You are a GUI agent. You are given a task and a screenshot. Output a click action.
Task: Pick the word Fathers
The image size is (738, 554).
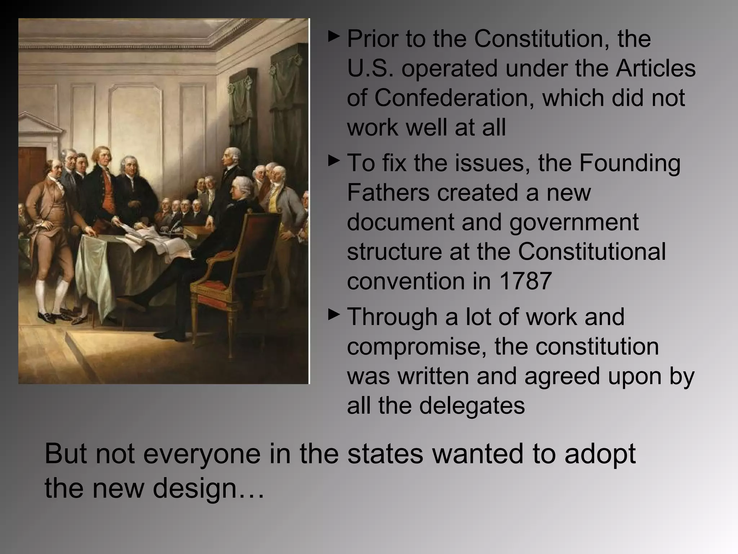388,193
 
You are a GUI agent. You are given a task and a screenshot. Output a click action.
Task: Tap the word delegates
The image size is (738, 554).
472,406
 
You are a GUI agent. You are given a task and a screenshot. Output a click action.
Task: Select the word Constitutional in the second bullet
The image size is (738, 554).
592,251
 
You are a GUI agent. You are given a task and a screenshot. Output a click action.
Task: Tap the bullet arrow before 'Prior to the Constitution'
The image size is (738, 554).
334,36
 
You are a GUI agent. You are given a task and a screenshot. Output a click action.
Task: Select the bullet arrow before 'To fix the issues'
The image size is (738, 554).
334,161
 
